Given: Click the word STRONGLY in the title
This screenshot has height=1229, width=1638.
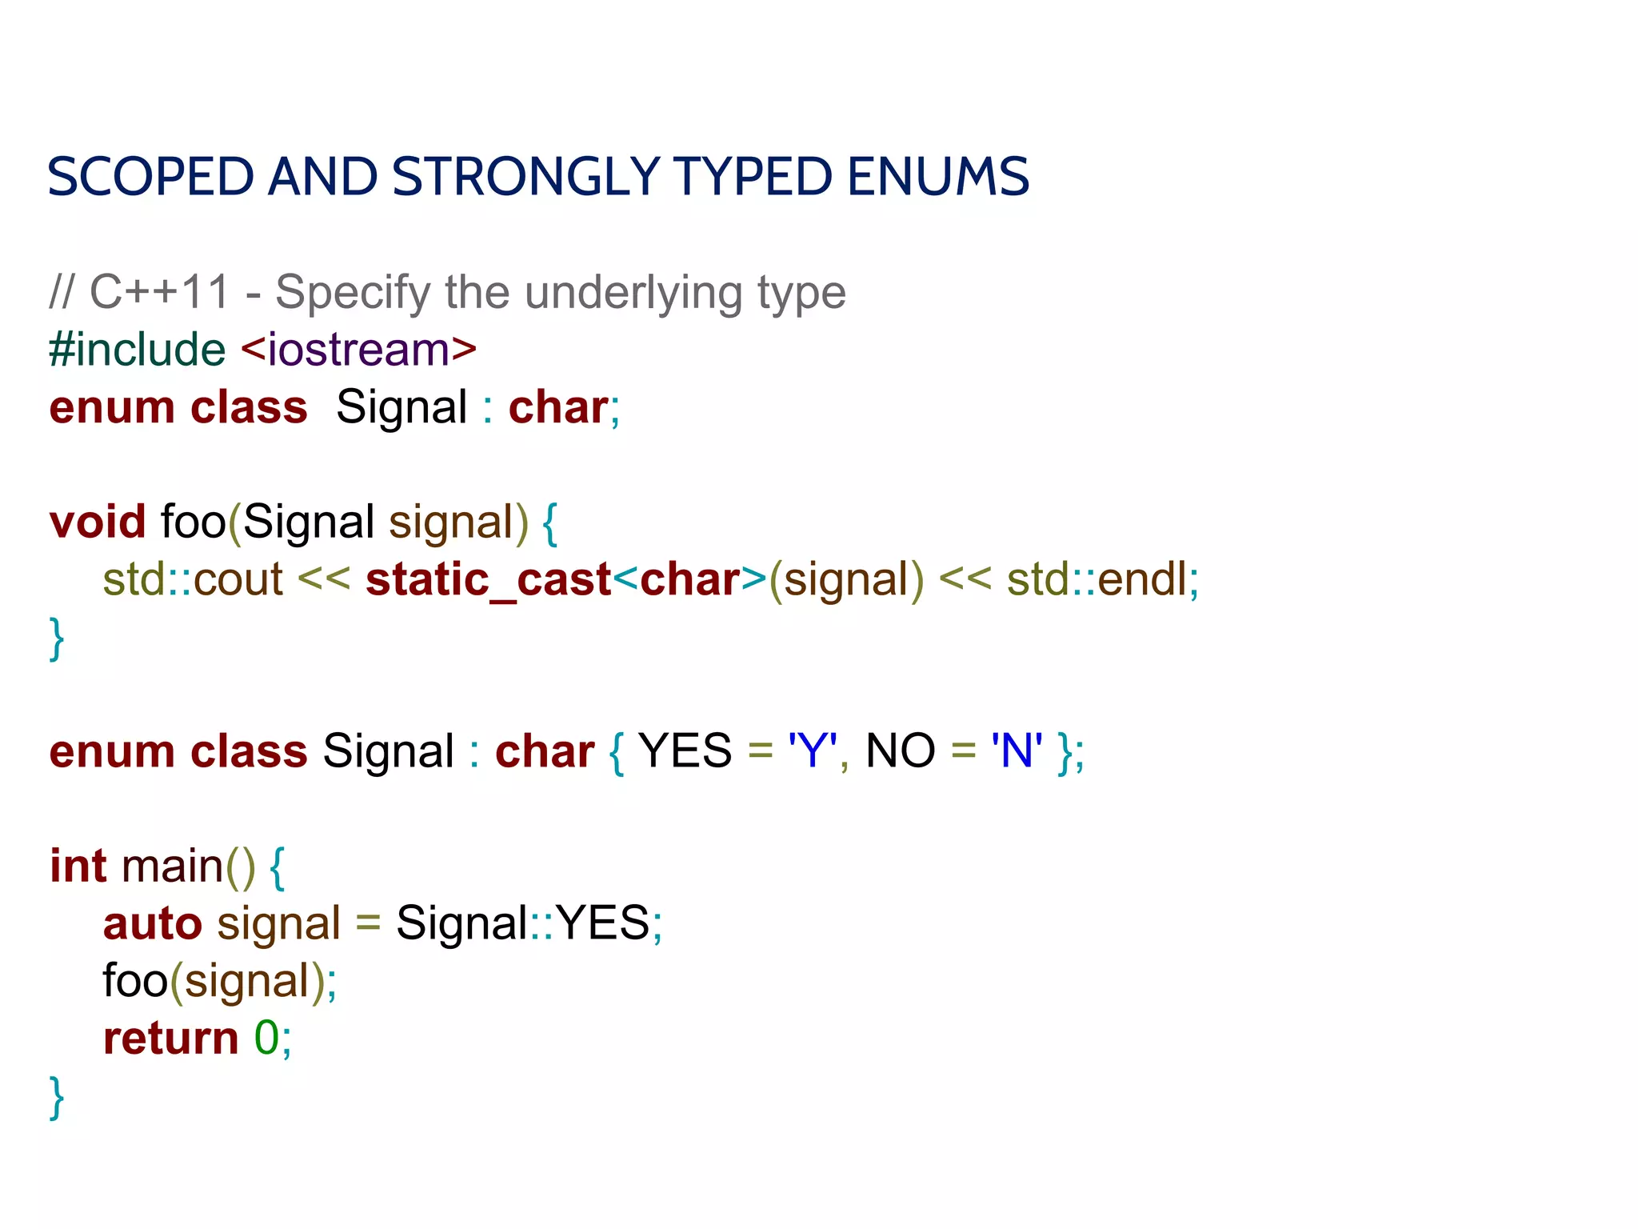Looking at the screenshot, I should (525, 177).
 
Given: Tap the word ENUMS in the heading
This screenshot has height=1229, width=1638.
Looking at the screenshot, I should (937, 177).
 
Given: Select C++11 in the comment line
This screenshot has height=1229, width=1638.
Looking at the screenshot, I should (160, 292).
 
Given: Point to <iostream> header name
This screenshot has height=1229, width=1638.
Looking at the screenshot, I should (358, 350).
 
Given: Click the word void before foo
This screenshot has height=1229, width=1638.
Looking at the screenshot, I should (98, 522).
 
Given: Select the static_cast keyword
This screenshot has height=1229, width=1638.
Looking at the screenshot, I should (488, 579).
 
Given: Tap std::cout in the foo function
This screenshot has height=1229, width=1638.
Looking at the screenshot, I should (193, 579).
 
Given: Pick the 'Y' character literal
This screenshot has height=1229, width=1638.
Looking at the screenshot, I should (812, 751).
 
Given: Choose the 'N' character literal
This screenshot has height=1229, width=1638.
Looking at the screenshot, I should (1016, 751).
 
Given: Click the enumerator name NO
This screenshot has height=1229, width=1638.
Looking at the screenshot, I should (900, 751).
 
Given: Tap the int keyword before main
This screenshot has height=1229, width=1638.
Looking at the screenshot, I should (78, 866).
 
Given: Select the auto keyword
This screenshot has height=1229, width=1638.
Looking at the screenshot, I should (152, 923).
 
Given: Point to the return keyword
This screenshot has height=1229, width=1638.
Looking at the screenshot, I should (170, 1039).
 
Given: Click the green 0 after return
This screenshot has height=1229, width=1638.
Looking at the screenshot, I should (266, 1039).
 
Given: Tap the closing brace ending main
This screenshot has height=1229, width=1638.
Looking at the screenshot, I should (57, 1098).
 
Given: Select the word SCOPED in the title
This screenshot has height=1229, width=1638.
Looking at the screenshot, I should (150, 177).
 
